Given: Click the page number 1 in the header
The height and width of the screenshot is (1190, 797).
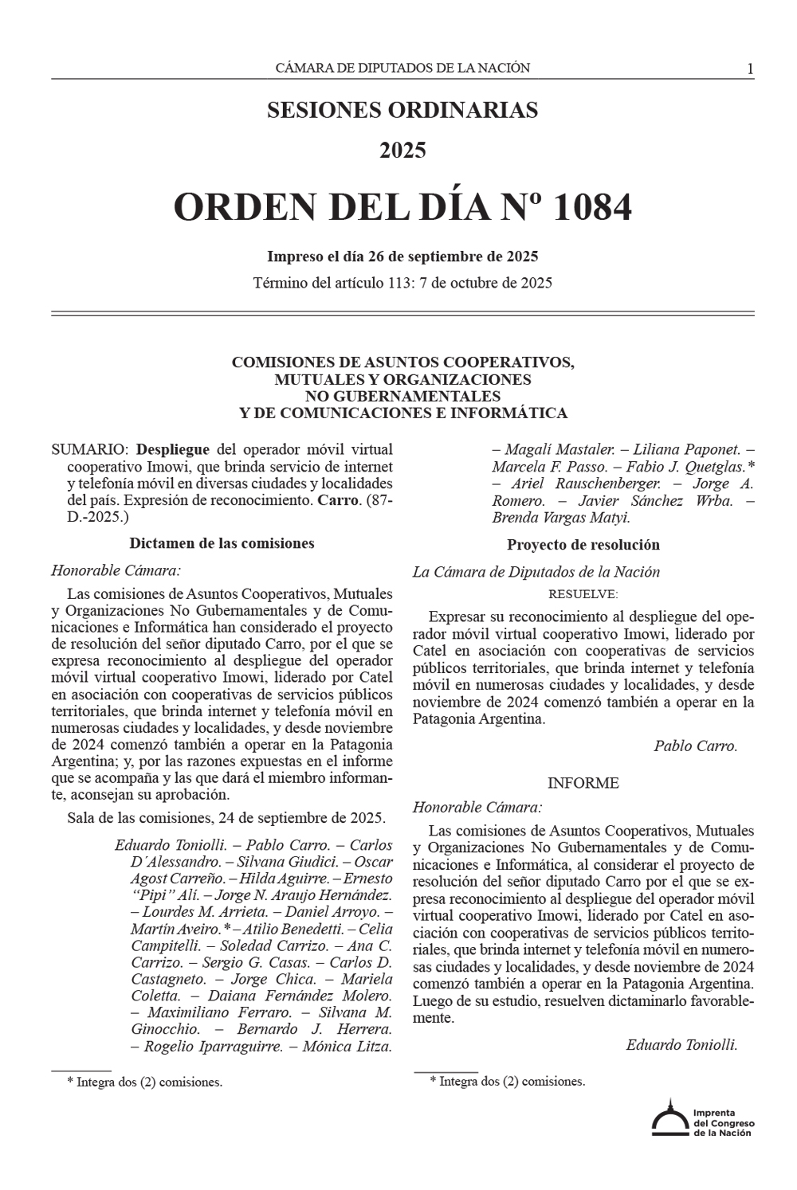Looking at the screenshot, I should point(750,69).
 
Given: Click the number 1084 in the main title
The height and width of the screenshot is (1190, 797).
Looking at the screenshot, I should point(591,208).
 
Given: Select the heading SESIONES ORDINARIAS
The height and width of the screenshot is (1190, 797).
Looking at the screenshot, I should point(402,110).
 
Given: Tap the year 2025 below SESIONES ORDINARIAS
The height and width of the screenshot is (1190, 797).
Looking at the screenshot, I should point(402,150).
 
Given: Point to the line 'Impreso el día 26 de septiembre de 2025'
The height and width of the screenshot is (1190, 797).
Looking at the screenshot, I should point(402,256).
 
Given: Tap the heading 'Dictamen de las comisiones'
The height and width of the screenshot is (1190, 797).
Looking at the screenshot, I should point(222,543).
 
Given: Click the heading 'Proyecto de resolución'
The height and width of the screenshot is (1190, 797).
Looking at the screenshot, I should point(583,545).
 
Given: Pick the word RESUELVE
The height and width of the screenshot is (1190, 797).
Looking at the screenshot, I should point(583,594).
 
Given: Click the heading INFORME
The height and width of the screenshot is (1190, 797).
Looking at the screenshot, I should point(583,783).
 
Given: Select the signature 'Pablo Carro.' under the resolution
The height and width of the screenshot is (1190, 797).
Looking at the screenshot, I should point(695,746).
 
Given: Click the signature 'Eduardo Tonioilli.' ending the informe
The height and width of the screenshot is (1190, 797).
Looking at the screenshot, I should point(681,1044).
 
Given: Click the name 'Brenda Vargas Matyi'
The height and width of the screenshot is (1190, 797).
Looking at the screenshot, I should point(560,517).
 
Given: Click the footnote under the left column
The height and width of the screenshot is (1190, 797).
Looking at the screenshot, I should point(143,1082).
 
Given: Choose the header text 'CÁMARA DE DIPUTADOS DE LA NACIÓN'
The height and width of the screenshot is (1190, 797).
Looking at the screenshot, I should point(402,69).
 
